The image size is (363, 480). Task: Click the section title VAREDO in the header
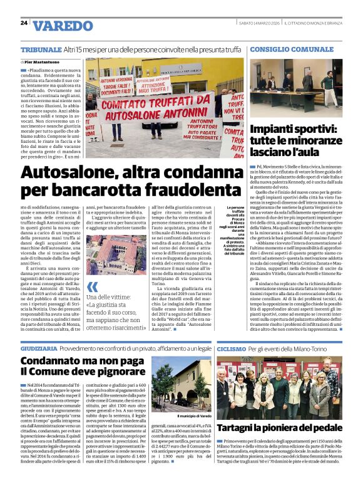point(62,26)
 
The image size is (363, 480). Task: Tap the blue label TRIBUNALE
point(41,49)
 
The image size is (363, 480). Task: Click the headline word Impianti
point(276,128)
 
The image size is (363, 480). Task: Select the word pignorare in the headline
point(108,373)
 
